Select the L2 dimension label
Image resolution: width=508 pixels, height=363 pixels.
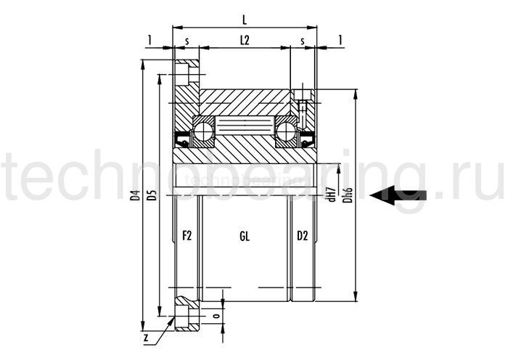pos(244,43)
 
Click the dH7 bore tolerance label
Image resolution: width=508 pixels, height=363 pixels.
pos(332,195)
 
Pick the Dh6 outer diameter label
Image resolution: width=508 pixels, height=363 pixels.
pos(348,195)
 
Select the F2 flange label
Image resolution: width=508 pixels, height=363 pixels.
pos(186,236)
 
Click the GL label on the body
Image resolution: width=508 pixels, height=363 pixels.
pos(245,236)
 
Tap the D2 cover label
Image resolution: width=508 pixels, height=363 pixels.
pos(302,236)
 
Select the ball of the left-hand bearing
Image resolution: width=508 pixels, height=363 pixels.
pos(202,131)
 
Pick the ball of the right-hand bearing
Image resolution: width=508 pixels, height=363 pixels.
pos(286,131)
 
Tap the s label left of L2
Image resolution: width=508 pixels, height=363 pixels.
pos(187,43)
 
